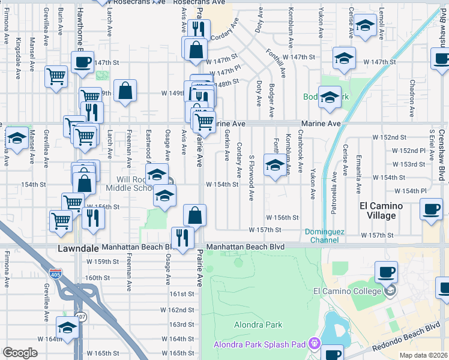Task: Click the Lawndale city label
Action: tap(77, 247)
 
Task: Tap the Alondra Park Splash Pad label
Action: tap(261, 344)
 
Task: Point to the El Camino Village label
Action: tap(385, 211)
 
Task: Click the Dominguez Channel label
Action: tap(325, 236)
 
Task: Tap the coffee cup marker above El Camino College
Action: tap(385, 272)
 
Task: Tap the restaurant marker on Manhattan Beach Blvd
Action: tap(182, 237)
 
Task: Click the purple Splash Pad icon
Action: tap(314, 344)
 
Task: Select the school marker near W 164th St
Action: tap(67, 328)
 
